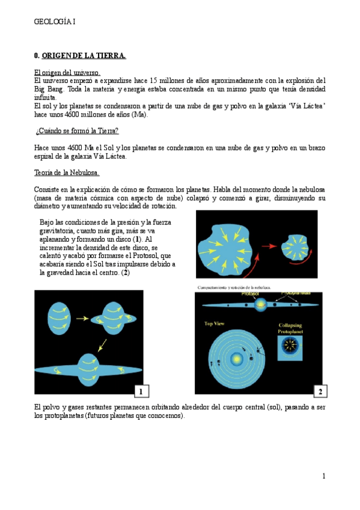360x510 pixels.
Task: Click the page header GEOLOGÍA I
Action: click(x=55, y=22)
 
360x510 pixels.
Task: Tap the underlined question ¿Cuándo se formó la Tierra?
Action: click(x=76, y=131)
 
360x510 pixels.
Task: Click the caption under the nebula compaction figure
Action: click(x=234, y=287)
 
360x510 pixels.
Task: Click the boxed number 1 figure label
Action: click(x=141, y=392)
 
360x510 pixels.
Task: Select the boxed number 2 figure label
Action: click(x=320, y=392)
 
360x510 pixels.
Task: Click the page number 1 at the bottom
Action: click(x=323, y=476)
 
